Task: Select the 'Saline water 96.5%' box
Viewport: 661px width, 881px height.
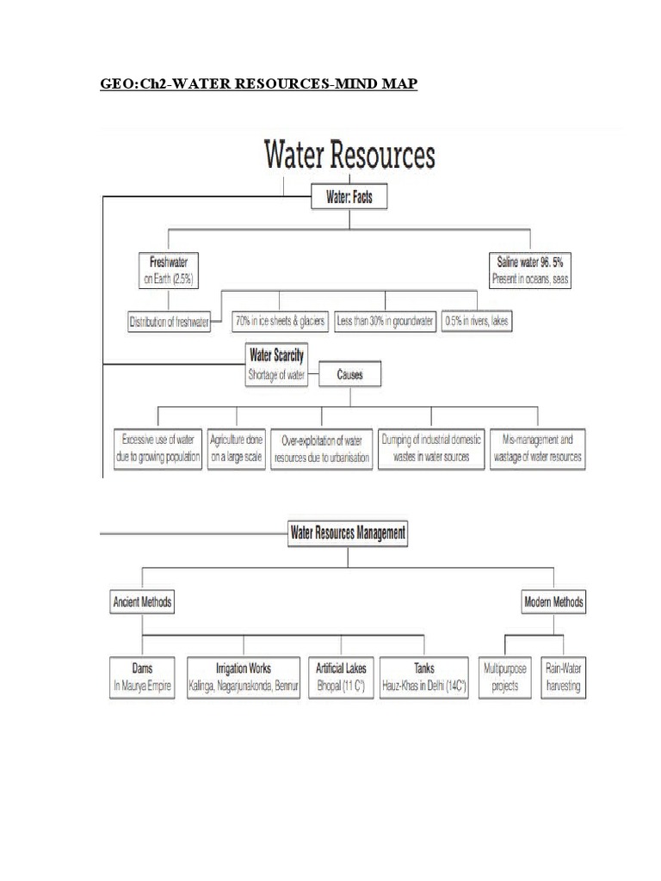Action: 530,269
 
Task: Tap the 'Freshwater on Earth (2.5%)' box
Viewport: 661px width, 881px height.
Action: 170,269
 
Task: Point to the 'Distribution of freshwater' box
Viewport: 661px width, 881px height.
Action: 170,322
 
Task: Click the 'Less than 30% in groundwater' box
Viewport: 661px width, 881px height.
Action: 385,321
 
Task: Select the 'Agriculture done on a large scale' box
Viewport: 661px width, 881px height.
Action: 237,447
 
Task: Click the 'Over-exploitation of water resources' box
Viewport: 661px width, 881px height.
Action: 323,447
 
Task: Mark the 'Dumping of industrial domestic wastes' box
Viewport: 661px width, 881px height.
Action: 431,447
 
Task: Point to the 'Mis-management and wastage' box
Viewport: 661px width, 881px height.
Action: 538,447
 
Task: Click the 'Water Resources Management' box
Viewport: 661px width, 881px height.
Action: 348,534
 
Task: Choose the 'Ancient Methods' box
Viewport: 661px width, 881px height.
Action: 143,602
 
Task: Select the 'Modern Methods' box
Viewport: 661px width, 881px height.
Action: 554,602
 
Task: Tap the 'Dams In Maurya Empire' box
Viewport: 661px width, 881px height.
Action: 143,678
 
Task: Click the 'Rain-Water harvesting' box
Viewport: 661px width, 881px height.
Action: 563,678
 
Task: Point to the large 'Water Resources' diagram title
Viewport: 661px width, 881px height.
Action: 349,157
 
